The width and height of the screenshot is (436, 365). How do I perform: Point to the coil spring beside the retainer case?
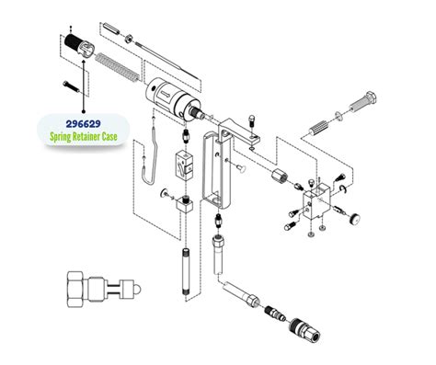click(120, 70)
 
